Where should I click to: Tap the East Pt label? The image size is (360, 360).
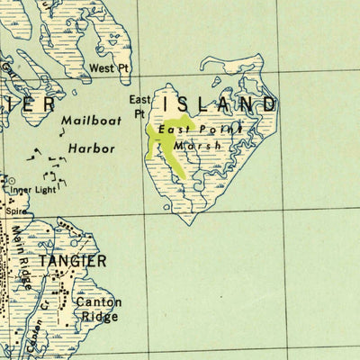point(139,105)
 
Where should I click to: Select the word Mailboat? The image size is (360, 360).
point(90,120)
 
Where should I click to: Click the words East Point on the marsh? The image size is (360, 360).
point(201,130)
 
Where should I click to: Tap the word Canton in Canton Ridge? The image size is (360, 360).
point(97,303)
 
